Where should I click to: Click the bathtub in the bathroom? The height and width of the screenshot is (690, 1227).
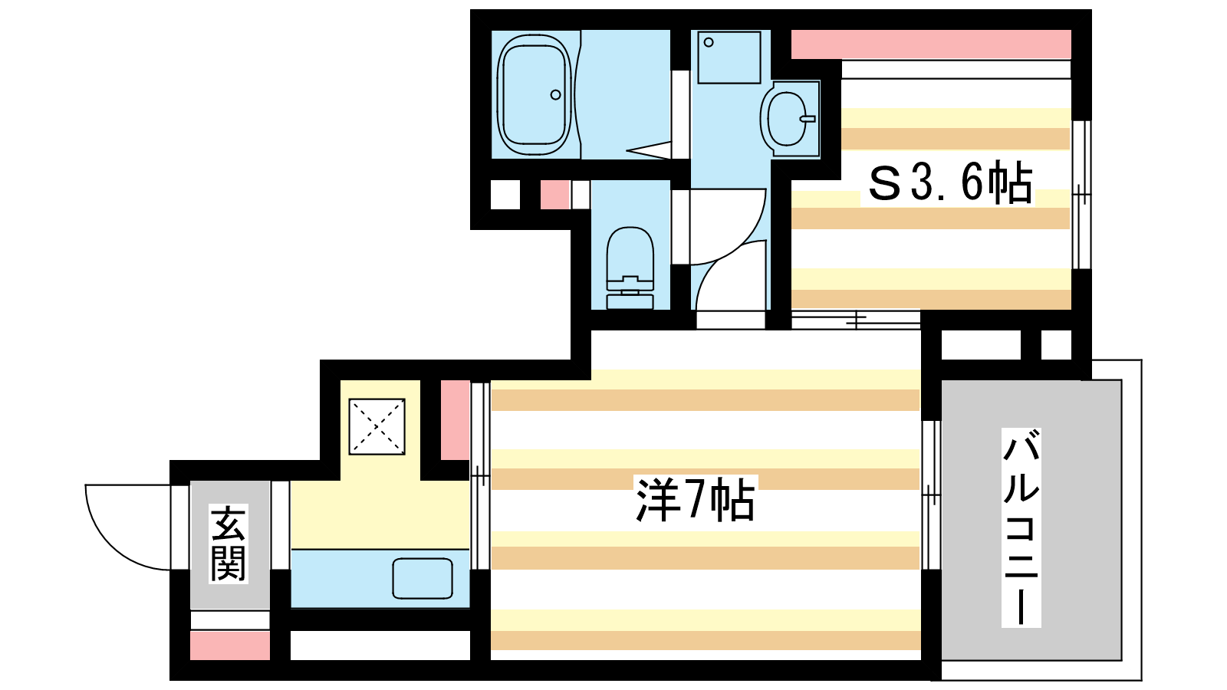click(x=534, y=95)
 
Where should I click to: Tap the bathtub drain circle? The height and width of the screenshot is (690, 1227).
click(x=555, y=95)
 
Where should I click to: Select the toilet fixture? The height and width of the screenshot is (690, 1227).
click(x=630, y=268)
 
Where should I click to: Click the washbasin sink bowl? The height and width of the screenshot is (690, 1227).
click(x=787, y=118)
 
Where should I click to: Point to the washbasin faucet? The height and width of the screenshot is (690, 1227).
click(x=808, y=118)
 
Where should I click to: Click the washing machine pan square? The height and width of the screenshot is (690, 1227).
click(x=729, y=58)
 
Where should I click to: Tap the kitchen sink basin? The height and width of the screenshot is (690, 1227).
click(x=423, y=578)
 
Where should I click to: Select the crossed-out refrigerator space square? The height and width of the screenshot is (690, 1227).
click(x=377, y=426)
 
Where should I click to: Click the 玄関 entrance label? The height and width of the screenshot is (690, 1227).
click(x=229, y=544)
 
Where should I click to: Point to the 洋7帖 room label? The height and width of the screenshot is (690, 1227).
click(x=695, y=499)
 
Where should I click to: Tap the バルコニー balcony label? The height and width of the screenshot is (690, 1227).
click(x=1021, y=527)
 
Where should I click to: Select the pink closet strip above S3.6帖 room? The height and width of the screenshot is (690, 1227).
click(x=931, y=44)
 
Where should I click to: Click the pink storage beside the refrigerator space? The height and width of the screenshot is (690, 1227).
click(x=456, y=420)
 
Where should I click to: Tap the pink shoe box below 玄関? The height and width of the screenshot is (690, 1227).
click(x=230, y=645)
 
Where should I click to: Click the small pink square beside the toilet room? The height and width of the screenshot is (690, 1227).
click(x=555, y=195)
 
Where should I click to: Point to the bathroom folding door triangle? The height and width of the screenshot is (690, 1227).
click(x=649, y=149)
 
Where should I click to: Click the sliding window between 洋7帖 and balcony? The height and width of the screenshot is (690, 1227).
click(x=931, y=495)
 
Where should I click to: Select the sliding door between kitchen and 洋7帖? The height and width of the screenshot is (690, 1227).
click(x=480, y=476)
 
